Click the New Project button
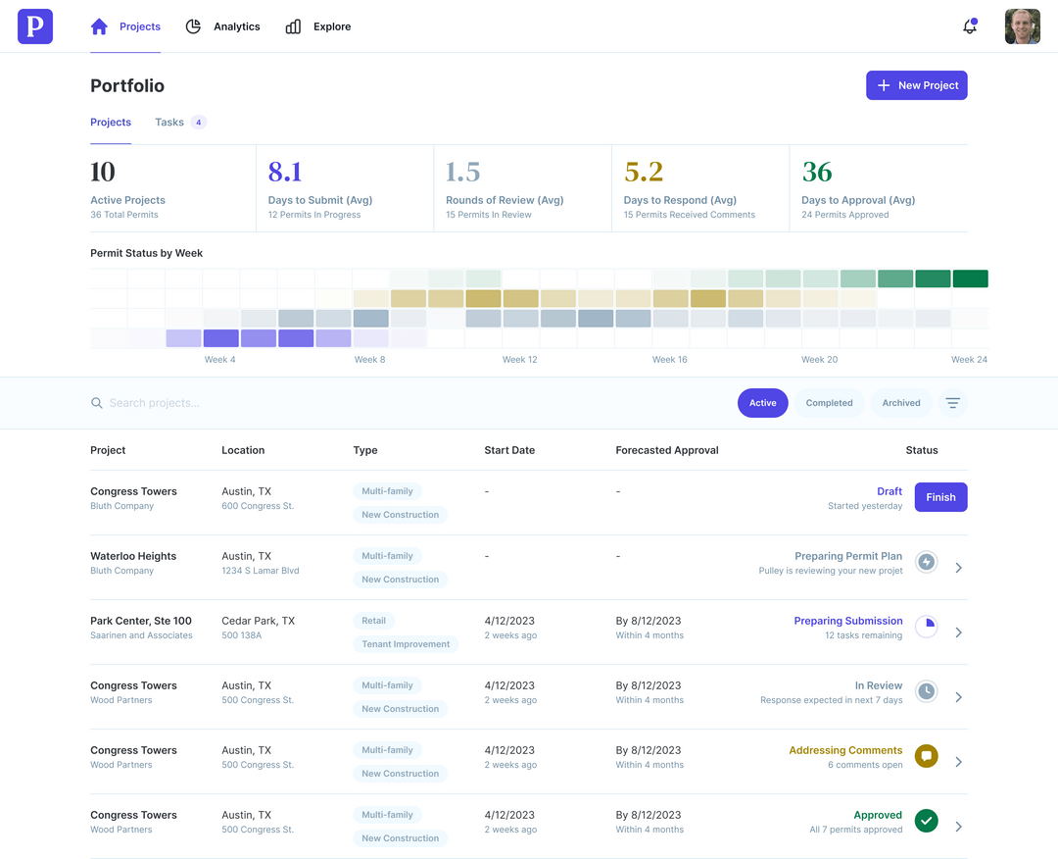coord(916,85)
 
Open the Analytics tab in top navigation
coord(223,26)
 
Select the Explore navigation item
coord(318,26)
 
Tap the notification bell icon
coord(969,26)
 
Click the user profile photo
coord(1022,26)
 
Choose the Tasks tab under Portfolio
coord(169,123)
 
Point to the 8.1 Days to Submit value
coord(285,173)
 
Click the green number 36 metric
coord(817,173)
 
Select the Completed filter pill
coord(829,403)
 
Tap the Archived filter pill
coord(900,403)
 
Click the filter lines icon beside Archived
coord(952,403)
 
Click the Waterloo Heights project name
coord(133,556)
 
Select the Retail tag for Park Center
coord(374,621)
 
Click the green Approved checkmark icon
coord(926,821)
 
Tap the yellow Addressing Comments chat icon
coord(926,756)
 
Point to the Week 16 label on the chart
coord(669,360)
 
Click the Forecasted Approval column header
coord(666,450)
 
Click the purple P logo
coord(35,26)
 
